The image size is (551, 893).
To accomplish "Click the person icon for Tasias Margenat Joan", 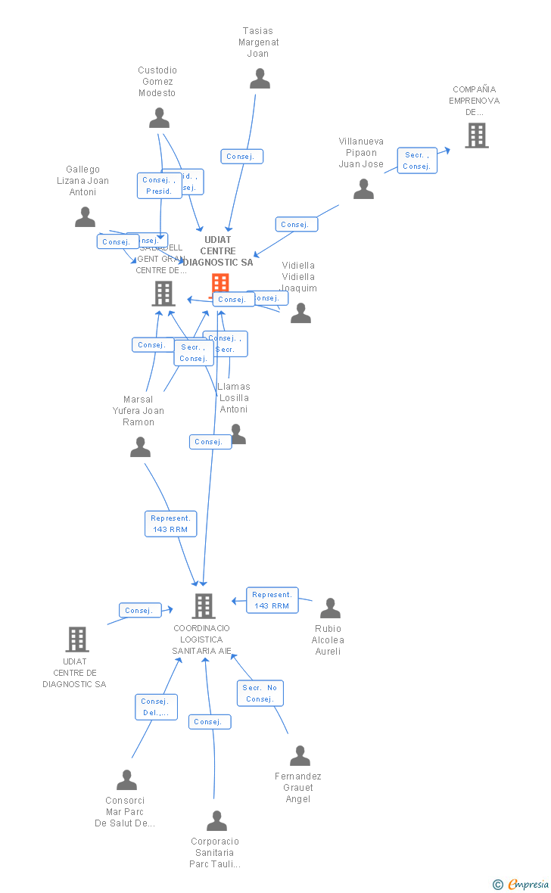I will point(260,79).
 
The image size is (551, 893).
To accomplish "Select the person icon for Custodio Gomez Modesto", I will point(159,118).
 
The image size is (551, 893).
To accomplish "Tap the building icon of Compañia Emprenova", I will point(476,135).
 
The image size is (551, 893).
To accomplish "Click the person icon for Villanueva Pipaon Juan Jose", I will point(363,189).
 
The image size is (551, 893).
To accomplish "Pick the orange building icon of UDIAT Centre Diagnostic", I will point(220,284).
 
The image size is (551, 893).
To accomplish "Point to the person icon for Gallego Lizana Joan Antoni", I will point(85,217).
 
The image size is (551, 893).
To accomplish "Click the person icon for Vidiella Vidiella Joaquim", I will point(300,313).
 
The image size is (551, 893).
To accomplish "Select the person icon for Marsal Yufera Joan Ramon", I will point(140,447).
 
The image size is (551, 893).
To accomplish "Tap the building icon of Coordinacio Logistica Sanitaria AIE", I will point(203,605).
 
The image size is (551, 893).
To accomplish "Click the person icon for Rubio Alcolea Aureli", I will point(330,608).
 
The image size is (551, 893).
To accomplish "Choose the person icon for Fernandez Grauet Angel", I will point(300,756).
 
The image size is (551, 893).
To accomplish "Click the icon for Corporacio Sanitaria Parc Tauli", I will point(216,821).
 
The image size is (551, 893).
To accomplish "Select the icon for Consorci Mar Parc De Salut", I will point(126,780).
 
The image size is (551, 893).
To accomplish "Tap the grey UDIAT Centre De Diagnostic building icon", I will point(76,639).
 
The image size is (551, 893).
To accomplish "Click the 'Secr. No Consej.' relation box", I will point(260,693).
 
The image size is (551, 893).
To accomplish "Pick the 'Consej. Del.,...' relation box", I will point(157,707).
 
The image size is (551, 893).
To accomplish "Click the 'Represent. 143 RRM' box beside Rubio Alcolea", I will point(272,600).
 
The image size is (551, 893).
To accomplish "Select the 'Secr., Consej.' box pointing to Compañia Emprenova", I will point(417,160).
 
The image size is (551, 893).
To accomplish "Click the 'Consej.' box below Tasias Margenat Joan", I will point(242,157).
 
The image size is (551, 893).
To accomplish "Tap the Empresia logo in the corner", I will point(522,884).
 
